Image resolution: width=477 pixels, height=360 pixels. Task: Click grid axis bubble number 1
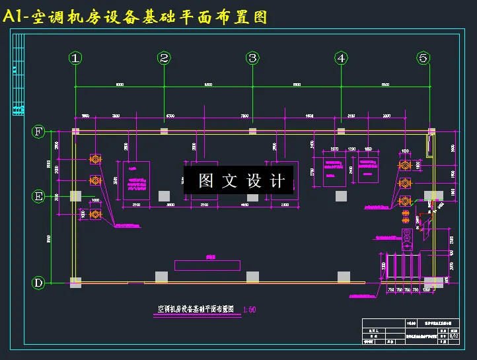76,58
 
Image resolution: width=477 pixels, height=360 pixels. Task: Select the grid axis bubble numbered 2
164,58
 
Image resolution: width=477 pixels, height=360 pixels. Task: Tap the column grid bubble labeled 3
252,58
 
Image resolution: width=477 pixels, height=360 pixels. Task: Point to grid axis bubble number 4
341,58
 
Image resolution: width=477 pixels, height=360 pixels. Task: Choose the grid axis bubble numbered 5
423,58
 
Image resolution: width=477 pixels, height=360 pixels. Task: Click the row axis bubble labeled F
39,131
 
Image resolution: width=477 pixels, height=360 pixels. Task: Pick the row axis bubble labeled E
39,196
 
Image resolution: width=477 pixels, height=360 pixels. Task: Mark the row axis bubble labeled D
39,283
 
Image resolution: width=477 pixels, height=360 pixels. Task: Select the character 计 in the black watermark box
277,181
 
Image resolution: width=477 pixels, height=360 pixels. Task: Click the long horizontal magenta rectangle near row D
207,265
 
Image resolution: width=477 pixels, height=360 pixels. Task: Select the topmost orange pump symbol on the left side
95,159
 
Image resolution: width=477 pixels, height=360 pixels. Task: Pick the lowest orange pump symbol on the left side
95,215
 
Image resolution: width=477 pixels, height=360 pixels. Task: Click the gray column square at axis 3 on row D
252,276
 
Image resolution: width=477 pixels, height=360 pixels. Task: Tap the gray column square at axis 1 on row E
76,196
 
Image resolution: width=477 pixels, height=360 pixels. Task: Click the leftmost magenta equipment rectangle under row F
136,180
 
